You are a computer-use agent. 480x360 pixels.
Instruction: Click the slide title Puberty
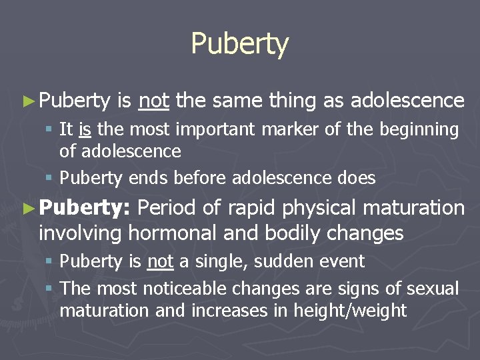(x=239, y=44)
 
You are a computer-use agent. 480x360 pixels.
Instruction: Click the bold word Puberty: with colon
(x=83, y=209)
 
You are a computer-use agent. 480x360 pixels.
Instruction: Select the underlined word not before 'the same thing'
(x=154, y=101)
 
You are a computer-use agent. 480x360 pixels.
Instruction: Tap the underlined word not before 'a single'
(x=160, y=261)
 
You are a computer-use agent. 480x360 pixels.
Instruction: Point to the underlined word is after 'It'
(x=85, y=129)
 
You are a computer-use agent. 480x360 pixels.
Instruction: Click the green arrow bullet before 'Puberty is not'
(x=27, y=101)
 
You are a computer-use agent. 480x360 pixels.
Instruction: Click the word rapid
(x=251, y=209)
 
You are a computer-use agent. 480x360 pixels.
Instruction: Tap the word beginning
(x=419, y=130)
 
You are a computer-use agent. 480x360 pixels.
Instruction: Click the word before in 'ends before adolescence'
(x=195, y=178)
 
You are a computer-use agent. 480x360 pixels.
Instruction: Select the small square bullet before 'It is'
(x=51, y=130)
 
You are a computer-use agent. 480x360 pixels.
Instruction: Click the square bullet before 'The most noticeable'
(x=51, y=289)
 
